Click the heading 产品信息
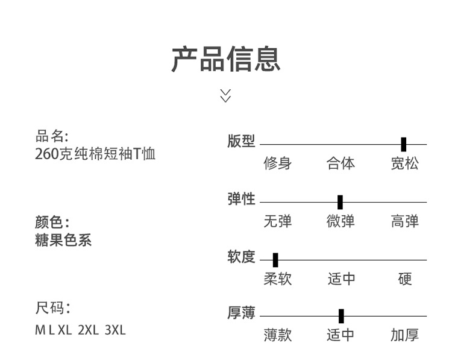pos(225,59)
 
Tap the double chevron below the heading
pos(225,95)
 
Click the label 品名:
pos(52,136)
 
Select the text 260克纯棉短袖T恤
pos(95,154)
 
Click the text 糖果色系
pos(63,240)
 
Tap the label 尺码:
pos(52,309)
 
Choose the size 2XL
pos(88,330)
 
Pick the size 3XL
pos(115,330)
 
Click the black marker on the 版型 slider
pos(403,144)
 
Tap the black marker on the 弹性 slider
pos(340,202)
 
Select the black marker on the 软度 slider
pos(275,260)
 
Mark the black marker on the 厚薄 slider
pos(341,316)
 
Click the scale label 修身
pos(277,163)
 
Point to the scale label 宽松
pos(404,163)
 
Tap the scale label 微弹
pos(341,221)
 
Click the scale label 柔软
pos(277,279)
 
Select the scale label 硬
pos(405,279)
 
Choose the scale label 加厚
pos(404,335)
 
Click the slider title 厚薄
pos(241,313)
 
